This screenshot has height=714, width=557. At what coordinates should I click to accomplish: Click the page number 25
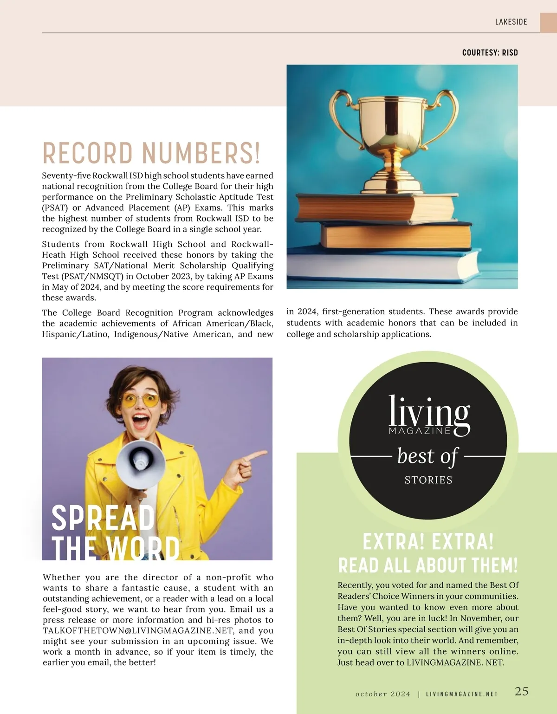521,691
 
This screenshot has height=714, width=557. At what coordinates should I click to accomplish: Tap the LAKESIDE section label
511,22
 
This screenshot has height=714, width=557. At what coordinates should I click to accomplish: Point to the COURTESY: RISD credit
490,52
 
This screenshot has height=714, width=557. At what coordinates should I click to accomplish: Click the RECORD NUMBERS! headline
151,153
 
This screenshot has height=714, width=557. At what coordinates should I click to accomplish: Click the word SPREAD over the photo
103,518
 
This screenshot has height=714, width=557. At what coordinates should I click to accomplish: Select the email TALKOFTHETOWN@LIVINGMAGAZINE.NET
139,630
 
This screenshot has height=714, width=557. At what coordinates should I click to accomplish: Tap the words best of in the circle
428,456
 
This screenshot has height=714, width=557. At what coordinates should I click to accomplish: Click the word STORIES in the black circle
428,480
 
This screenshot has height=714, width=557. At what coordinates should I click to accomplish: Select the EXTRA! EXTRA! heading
428,541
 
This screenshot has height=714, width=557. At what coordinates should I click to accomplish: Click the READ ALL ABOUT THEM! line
428,565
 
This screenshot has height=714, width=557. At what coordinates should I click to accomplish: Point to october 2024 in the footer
383,694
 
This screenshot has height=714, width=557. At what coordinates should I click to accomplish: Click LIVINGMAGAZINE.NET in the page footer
462,694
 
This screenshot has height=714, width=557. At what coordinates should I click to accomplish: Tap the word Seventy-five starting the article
66,175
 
